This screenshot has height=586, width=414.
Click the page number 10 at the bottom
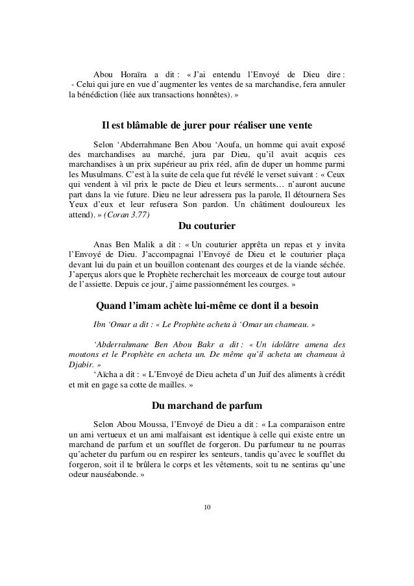pos(207,507)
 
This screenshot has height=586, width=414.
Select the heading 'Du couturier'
pos(206,227)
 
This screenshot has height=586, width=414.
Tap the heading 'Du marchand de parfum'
pos(206,407)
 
